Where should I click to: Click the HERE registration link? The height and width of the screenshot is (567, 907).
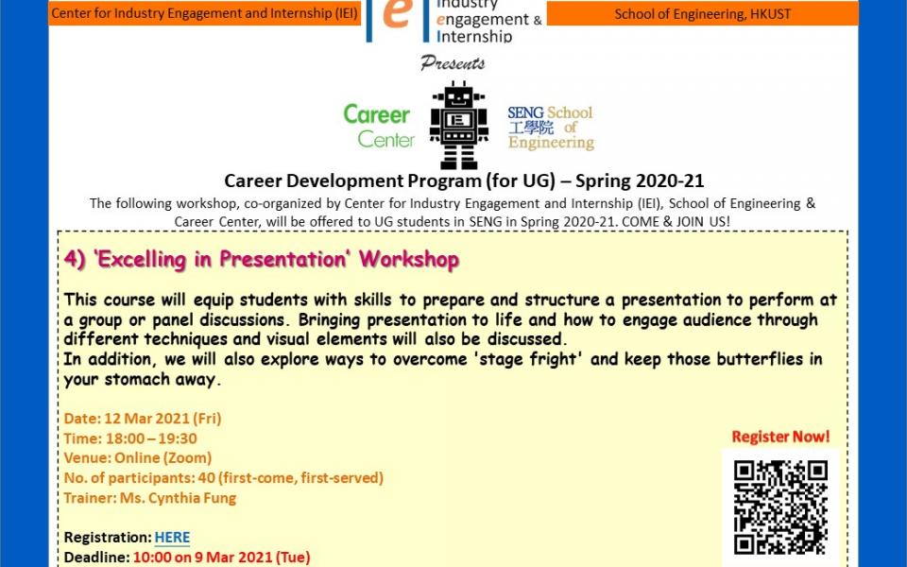pos(172,538)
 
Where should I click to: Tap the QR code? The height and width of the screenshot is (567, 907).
pos(780,507)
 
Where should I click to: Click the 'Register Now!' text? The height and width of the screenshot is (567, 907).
pos(780,437)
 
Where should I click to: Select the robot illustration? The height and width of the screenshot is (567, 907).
pos(459,125)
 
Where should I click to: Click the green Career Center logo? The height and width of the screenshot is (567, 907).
pos(379,126)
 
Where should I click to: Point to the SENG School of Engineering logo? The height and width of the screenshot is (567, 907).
pos(551,128)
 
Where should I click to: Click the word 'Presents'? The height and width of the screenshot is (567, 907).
pos(453,62)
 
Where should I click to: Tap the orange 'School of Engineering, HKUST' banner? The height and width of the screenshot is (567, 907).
pos(702,14)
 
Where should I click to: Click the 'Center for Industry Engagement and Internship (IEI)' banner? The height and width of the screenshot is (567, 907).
pos(205,13)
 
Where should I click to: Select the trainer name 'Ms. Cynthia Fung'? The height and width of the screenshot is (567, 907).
pos(179,498)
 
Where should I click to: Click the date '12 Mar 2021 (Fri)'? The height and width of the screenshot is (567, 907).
pos(163,419)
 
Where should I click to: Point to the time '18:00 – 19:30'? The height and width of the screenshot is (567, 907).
pos(151,438)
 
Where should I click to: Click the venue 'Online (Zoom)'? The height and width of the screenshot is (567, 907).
pos(163,458)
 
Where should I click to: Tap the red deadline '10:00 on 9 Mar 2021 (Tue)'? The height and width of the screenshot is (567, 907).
pos(221,558)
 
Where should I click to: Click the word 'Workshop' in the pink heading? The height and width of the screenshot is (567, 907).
pos(409,259)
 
